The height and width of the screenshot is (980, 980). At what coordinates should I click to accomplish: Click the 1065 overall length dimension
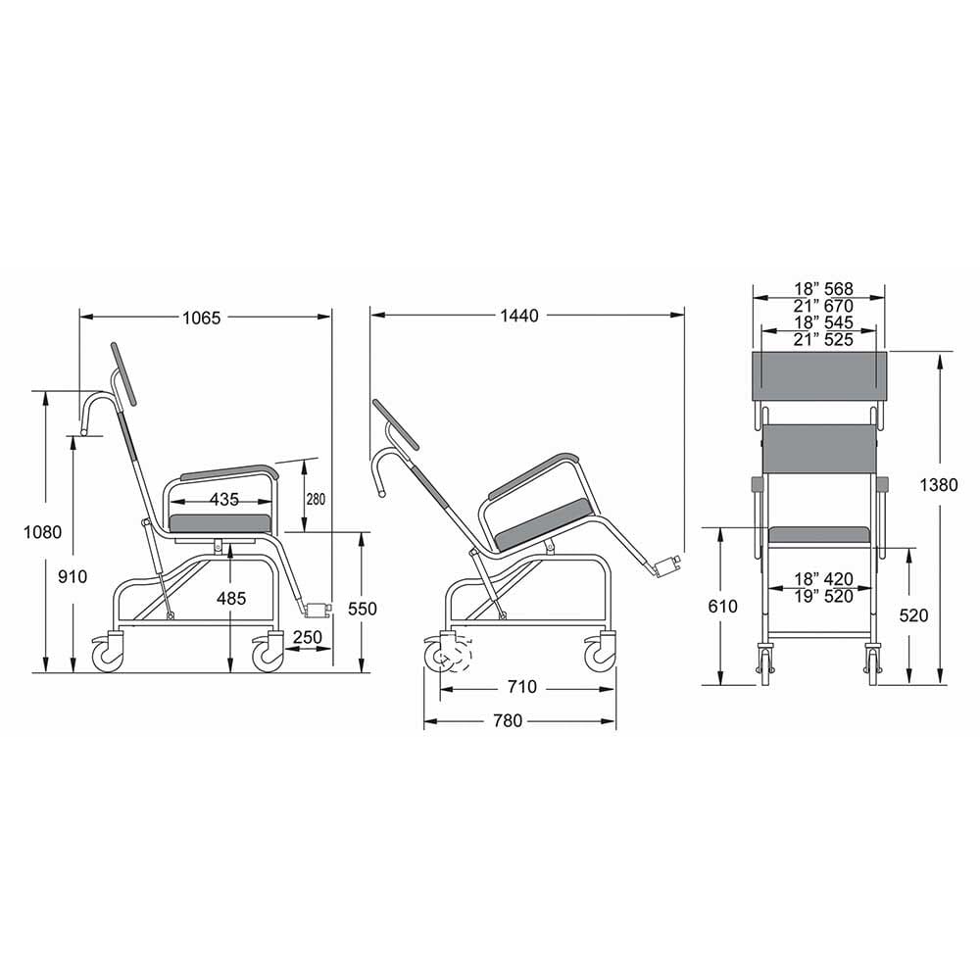coord(202,317)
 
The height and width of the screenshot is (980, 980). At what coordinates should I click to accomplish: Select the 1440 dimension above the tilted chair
coord(519,316)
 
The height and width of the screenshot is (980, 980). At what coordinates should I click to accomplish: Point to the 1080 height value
coord(43,532)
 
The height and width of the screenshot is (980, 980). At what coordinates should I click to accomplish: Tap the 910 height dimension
coord(70,576)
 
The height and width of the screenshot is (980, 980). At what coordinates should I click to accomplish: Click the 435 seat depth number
coord(224,499)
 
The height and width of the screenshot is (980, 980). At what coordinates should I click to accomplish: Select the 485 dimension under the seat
coord(231,598)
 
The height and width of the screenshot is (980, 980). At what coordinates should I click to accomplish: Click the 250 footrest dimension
coord(307,637)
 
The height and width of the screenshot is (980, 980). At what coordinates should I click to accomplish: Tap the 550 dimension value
coord(362,609)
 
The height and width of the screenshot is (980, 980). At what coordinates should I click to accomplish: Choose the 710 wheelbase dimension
coord(522,688)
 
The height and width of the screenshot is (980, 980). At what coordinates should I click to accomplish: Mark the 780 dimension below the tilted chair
coord(508,721)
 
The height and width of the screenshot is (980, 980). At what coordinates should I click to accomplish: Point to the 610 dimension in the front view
coord(722,607)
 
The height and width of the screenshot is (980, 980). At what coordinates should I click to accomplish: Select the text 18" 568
coord(822,289)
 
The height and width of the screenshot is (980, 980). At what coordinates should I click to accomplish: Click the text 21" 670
coord(822,306)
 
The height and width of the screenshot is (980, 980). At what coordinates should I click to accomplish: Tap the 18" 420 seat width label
coord(822,578)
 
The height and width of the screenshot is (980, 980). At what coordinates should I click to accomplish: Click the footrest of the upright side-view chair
coord(318,610)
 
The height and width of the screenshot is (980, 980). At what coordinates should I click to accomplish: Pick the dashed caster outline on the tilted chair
coord(455,654)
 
